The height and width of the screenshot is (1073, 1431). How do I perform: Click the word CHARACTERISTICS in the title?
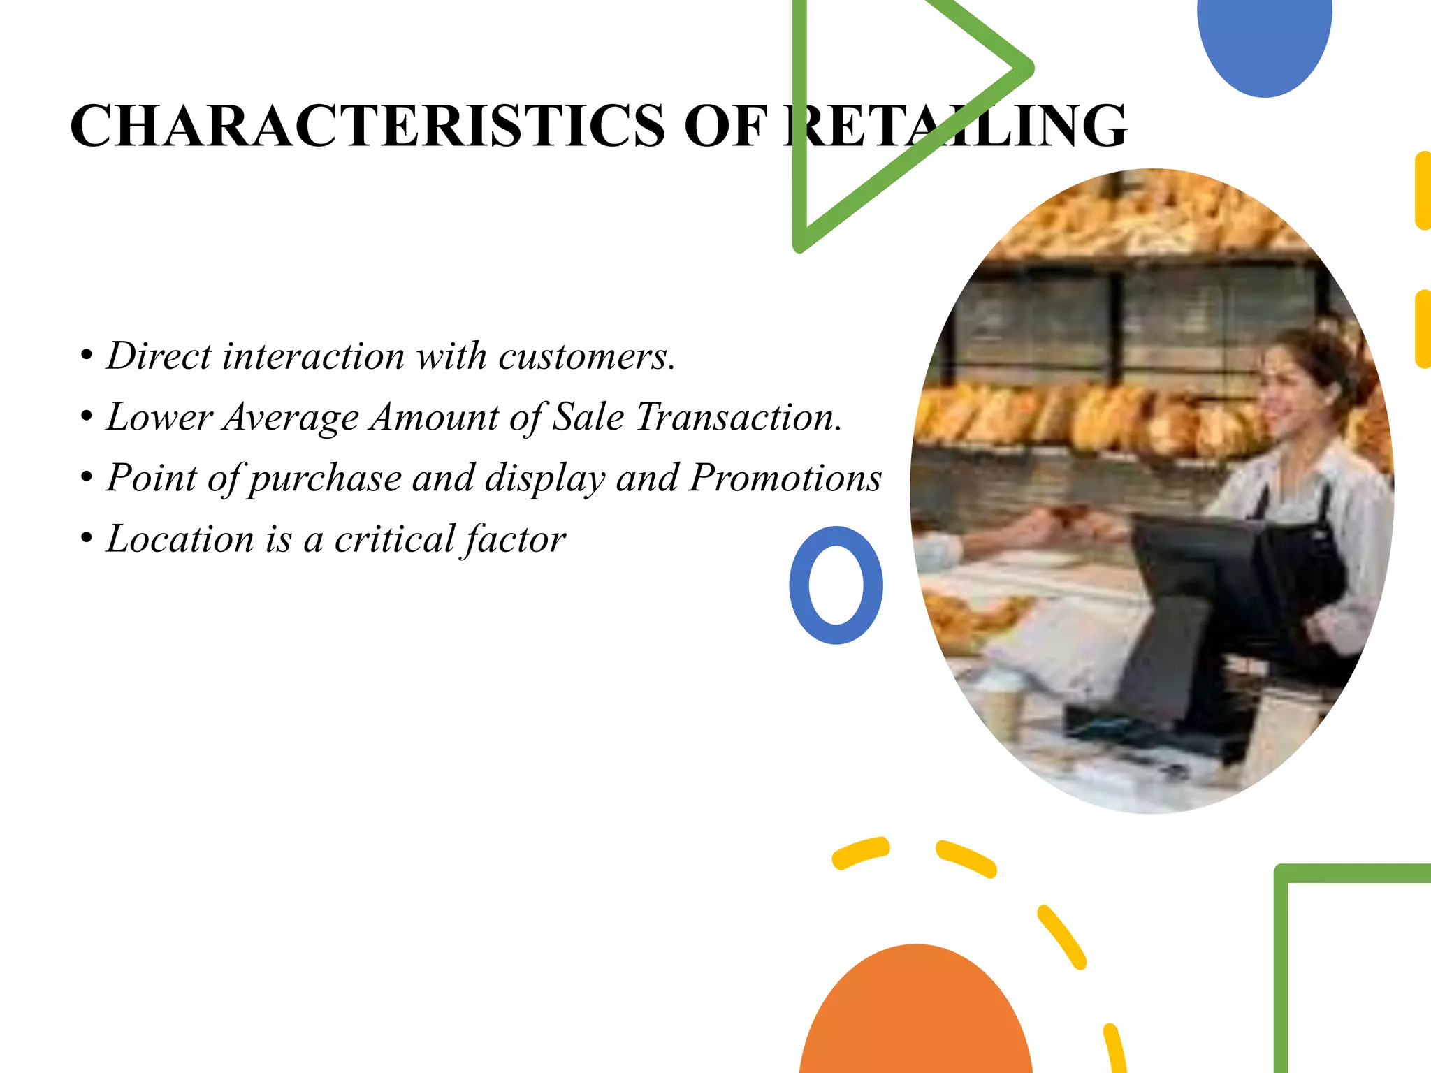click(368, 126)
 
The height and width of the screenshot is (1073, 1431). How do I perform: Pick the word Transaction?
click(739, 418)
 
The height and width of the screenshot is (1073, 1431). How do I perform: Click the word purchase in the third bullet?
click(326, 479)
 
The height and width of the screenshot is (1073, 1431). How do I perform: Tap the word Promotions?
click(785, 479)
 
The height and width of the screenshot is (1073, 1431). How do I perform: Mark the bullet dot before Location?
click(87, 539)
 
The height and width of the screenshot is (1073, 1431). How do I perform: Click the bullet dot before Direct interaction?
click(87, 356)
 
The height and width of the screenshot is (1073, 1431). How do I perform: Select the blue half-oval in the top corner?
click(1264, 42)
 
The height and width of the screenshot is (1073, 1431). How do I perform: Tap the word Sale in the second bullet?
click(588, 418)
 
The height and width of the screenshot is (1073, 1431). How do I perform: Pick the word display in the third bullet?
click(545, 479)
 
